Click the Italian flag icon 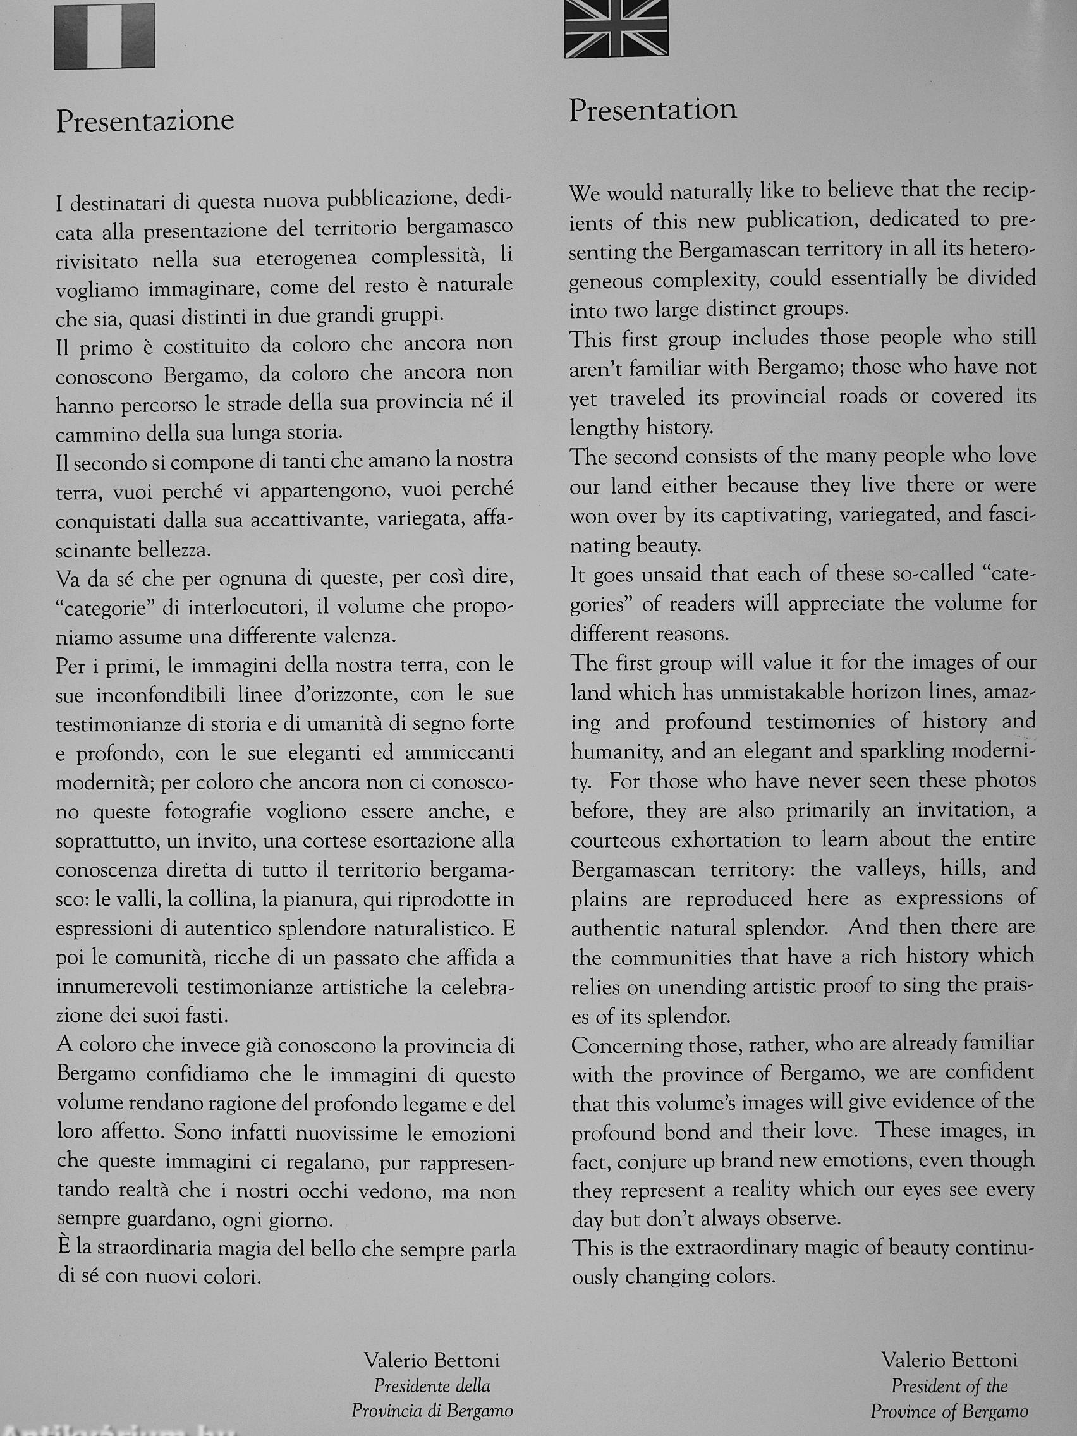[x=104, y=37]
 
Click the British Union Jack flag [x=616, y=28]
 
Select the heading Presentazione [x=145, y=121]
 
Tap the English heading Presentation [x=653, y=110]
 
